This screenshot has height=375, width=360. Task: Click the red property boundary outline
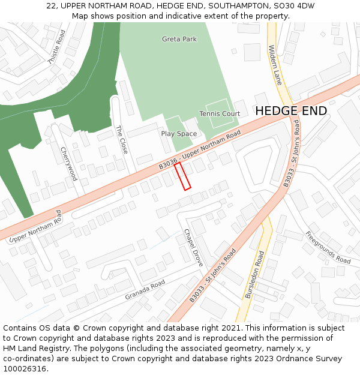182,176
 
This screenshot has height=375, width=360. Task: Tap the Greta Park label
179,39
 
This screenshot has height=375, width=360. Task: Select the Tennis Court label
220,113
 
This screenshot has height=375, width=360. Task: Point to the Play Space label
179,134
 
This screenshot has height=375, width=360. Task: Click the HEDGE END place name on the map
291,111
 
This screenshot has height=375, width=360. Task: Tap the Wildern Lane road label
275,65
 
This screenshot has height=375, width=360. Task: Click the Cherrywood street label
68,164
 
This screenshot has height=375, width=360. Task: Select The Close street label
121,140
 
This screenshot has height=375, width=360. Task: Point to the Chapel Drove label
194,248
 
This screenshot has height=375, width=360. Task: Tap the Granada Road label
145,290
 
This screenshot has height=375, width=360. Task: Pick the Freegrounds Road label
328,247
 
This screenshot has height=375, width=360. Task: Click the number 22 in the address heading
51,6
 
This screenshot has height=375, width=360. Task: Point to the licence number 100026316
25,369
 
